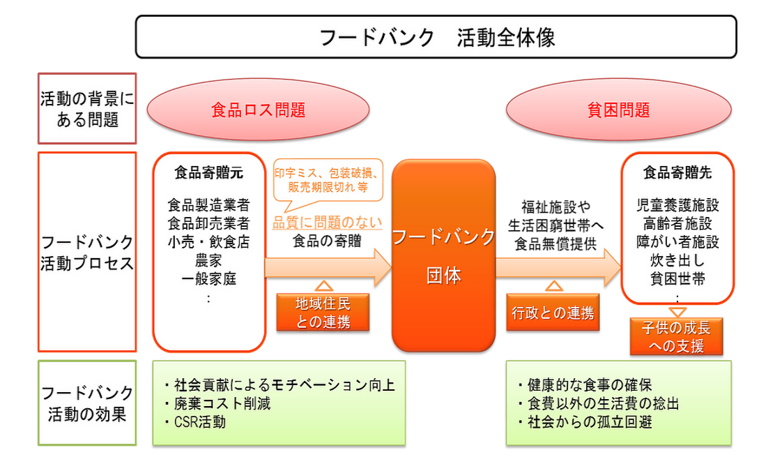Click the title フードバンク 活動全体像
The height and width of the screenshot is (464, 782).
[x=436, y=37]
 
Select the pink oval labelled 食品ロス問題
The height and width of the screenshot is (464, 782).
[x=258, y=110]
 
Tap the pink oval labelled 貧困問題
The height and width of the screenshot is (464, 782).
[x=619, y=110]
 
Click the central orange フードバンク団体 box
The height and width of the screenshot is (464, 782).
[x=443, y=255]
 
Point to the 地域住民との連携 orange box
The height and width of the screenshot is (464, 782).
[x=323, y=312]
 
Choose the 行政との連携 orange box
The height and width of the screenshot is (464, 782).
[x=553, y=312]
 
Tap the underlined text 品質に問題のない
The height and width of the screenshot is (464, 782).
[x=327, y=223]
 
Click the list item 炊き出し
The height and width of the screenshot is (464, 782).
[x=677, y=261]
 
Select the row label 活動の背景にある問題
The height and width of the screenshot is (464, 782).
[x=87, y=109]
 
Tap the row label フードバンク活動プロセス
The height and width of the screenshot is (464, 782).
[x=87, y=253]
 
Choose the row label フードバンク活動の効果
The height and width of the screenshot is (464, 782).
[x=87, y=403]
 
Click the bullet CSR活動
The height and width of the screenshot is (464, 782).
[x=198, y=421]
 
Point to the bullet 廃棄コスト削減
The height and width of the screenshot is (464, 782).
[x=219, y=403]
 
